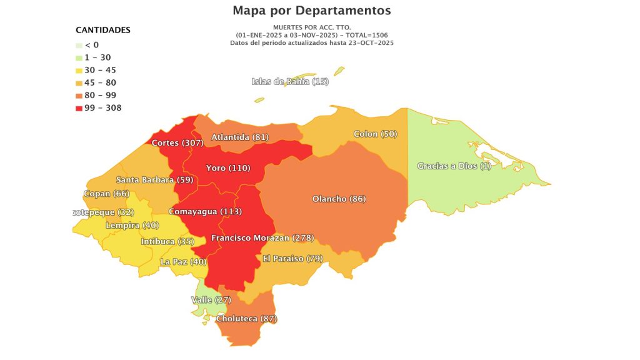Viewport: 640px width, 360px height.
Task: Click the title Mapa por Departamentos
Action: [311, 11]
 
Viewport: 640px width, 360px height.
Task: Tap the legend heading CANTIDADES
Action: [102, 30]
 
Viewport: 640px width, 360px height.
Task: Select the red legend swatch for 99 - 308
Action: [79, 108]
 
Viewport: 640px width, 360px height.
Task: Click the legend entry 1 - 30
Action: [97, 57]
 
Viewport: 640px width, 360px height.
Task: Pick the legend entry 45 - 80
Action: [100, 82]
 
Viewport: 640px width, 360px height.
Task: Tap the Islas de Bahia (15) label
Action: [290, 82]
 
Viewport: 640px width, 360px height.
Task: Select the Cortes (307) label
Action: [178, 143]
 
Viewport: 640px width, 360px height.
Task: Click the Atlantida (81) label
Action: [240, 137]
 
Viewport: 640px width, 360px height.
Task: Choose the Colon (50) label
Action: [375, 134]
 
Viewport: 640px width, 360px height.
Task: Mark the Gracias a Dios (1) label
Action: [454, 166]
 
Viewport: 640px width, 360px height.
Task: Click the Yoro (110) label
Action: [227, 169]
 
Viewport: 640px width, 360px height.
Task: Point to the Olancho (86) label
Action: [339, 199]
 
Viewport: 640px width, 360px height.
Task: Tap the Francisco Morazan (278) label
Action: [262, 238]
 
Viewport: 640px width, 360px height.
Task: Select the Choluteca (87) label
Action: [246, 319]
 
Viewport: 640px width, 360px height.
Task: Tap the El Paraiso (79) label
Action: [292, 259]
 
